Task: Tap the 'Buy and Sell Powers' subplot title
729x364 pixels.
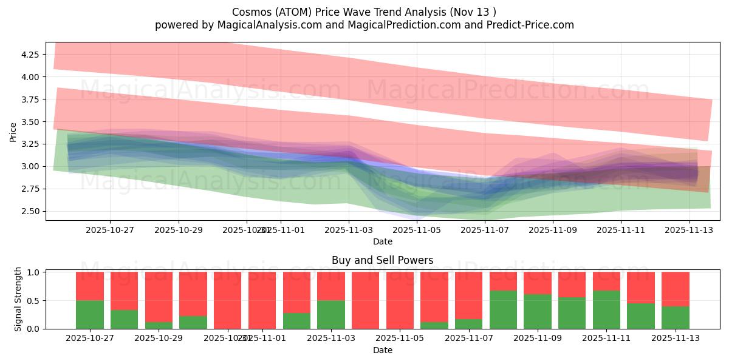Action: pos(382,260)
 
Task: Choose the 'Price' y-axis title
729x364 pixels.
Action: pos(13,132)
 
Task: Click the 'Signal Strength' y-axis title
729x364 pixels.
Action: pos(18,299)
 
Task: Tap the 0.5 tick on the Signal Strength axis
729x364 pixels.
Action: pos(33,301)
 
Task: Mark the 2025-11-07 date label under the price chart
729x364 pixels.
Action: pos(485,230)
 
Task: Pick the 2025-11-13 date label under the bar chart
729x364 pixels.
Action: pos(676,338)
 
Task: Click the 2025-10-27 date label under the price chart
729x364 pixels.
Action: pos(110,230)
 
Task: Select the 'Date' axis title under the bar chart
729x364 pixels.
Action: pos(382,350)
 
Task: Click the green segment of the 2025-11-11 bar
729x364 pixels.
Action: pos(606,309)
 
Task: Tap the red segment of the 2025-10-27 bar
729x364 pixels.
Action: pos(90,286)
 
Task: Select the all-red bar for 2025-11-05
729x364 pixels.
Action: pos(400,300)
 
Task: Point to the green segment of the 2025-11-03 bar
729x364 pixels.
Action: pos(331,314)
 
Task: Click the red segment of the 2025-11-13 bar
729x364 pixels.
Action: pos(676,289)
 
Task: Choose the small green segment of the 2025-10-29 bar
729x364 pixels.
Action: pos(159,325)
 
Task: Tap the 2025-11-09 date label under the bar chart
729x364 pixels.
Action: pos(538,338)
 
